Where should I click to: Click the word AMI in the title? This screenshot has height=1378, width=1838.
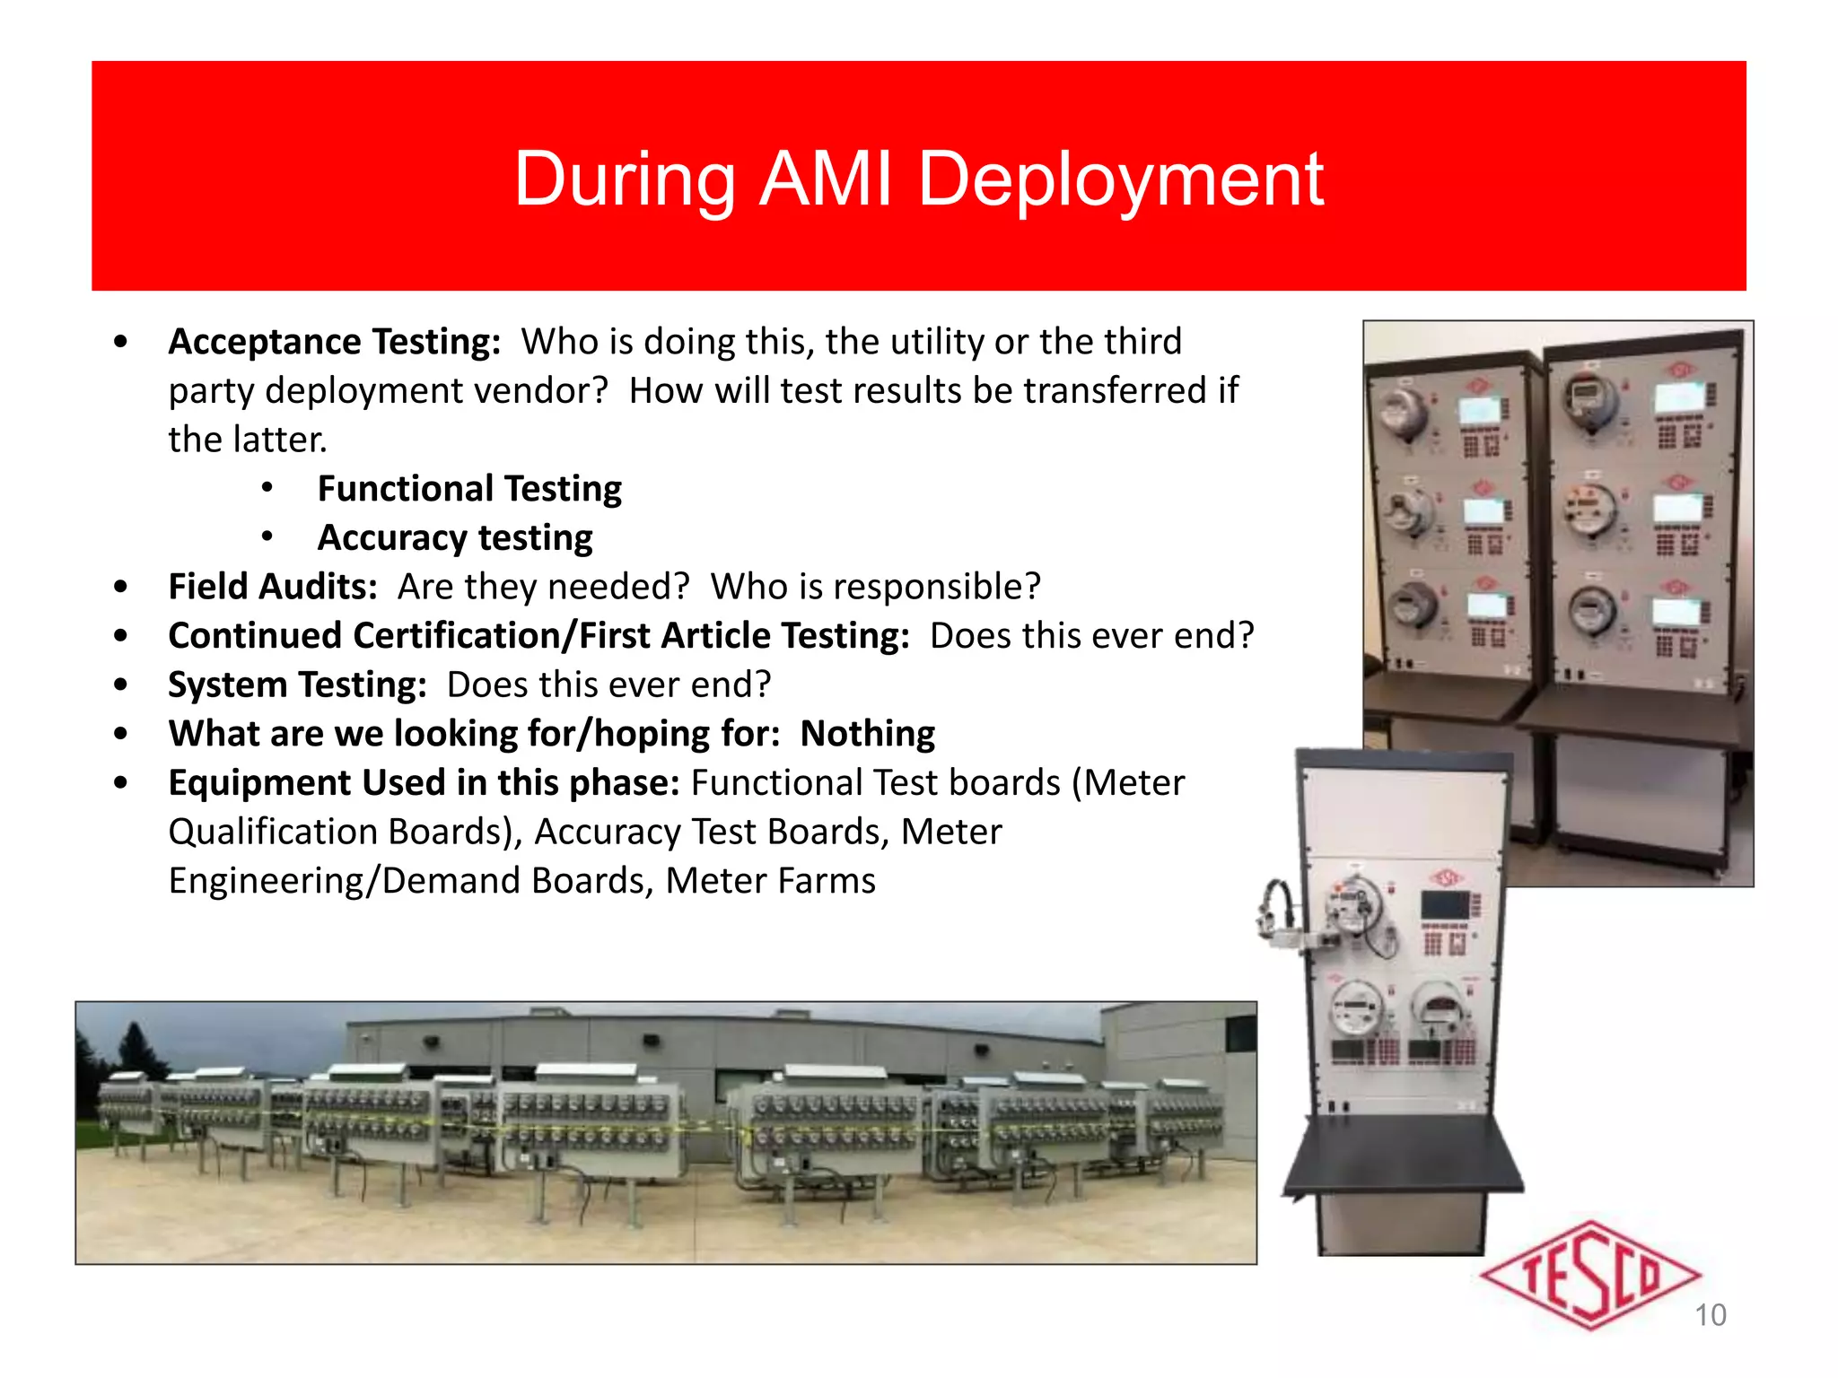coord(826,179)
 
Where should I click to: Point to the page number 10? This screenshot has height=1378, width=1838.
coord(1710,1315)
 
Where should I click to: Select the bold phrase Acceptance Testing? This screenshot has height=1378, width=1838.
coord(334,342)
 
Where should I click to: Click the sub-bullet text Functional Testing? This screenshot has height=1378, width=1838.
coord(469,489)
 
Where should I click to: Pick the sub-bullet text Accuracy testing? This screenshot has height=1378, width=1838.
coord(455,538)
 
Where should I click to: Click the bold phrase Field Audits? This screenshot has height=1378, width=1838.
coord(273,587)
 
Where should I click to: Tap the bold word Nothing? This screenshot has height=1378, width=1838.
coord(867,734)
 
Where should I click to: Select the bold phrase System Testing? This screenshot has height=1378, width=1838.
coord(297,685)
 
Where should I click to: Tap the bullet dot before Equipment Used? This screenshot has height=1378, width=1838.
coord(121,783)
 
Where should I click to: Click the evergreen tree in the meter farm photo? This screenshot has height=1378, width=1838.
coord(135,1050)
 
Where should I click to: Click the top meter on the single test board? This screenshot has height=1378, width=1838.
coord(1355,906)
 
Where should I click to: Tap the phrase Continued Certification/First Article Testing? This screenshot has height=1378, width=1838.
coord(538,636)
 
